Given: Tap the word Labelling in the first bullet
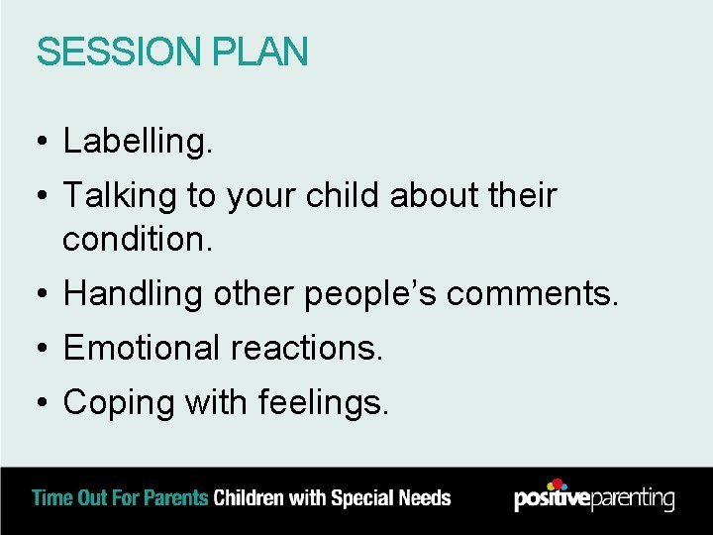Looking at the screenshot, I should tap(137, 143).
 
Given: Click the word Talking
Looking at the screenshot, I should tap(120, 197).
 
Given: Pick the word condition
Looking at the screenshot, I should tap(137, 240).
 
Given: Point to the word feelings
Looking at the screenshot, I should tap(324, 403).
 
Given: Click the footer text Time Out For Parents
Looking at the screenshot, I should tap(121, 497).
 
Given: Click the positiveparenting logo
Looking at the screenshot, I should tap(594, 496).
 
